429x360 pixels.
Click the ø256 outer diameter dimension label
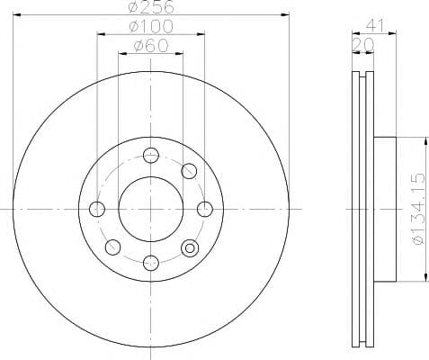pos(151,6)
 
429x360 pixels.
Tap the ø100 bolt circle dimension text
pos(151,26)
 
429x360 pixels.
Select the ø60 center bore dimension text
pos(151,46)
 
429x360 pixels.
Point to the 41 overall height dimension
pos(374,26)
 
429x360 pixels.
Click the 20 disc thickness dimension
pos(363,45)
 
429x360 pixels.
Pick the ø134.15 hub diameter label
pos(419,209)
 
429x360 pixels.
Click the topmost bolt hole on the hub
pos(151,156)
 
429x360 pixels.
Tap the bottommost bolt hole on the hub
pos(151,263)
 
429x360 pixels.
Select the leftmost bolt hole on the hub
pos(97,209)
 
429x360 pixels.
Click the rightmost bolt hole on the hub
pos(205,209)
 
